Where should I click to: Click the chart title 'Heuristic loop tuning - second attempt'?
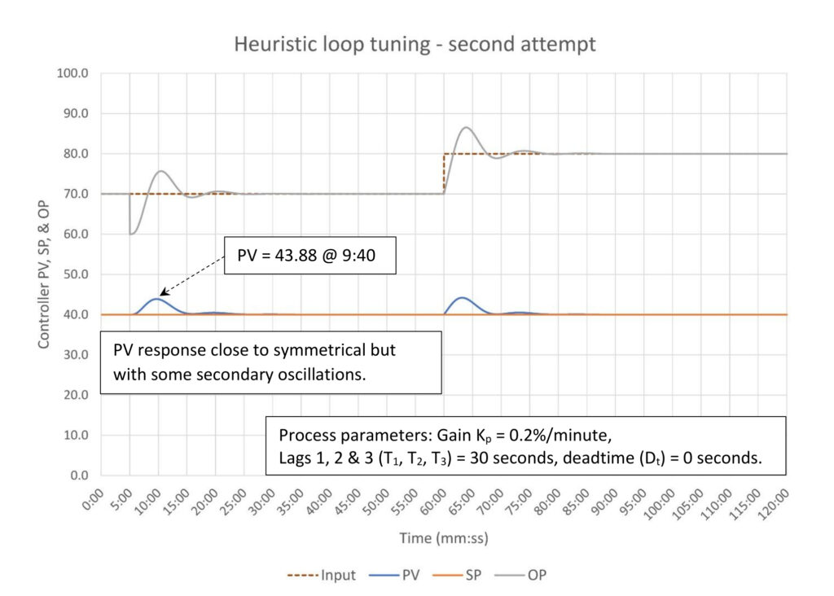point(415,43)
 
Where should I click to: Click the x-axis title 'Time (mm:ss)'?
point(443,538)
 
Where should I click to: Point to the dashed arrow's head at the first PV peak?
point(161,294)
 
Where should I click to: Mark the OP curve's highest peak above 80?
point(466,127)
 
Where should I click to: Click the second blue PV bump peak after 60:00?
point(462,298)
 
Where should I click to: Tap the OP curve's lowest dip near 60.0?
point(131,234)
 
